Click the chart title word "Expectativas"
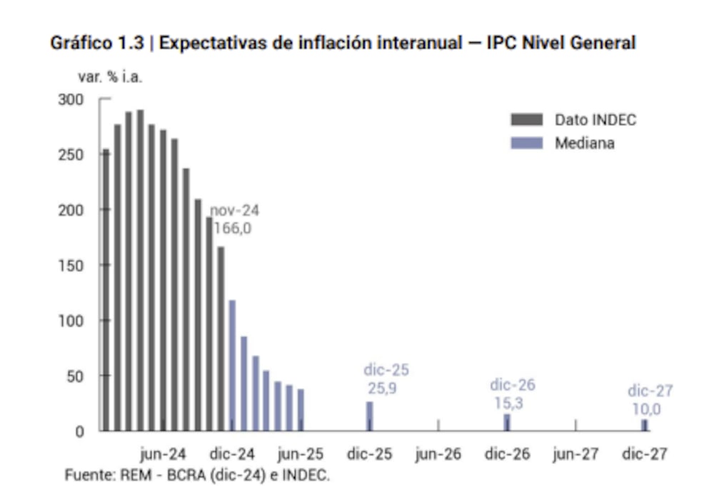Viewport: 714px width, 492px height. pyautogui.click(x=208, y=43)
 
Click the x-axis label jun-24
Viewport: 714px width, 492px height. pyautogui.click(x=163, y=454)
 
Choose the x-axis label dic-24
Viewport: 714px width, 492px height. pyautogui.click(x=231, y=454)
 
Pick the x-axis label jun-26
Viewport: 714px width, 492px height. pyautogui.click(x=438, y=454)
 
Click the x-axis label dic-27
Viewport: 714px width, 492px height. pyautogui.click(x=645, y=454)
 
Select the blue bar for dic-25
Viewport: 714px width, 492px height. pyautogui.click(x=370, y=416)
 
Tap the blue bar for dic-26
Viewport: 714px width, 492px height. pyautogui.click(x=507, y=422)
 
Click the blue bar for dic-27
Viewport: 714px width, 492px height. pyautogui.click(x=645, y=425)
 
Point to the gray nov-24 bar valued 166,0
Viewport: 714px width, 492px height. pyautogui.click(x=221, y=339)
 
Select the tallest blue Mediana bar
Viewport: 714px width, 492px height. pyautogui.click(x=232, y=365)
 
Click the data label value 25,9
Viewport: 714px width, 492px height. pyautogui.click(x=386, y=389)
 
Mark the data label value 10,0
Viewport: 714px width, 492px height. pyautogui.click(x=646, y=409)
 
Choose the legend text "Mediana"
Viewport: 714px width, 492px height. pyautogui.click(x=585, y=143)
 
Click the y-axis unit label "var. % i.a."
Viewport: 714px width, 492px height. pyautogui.click(x=109, y=77)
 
